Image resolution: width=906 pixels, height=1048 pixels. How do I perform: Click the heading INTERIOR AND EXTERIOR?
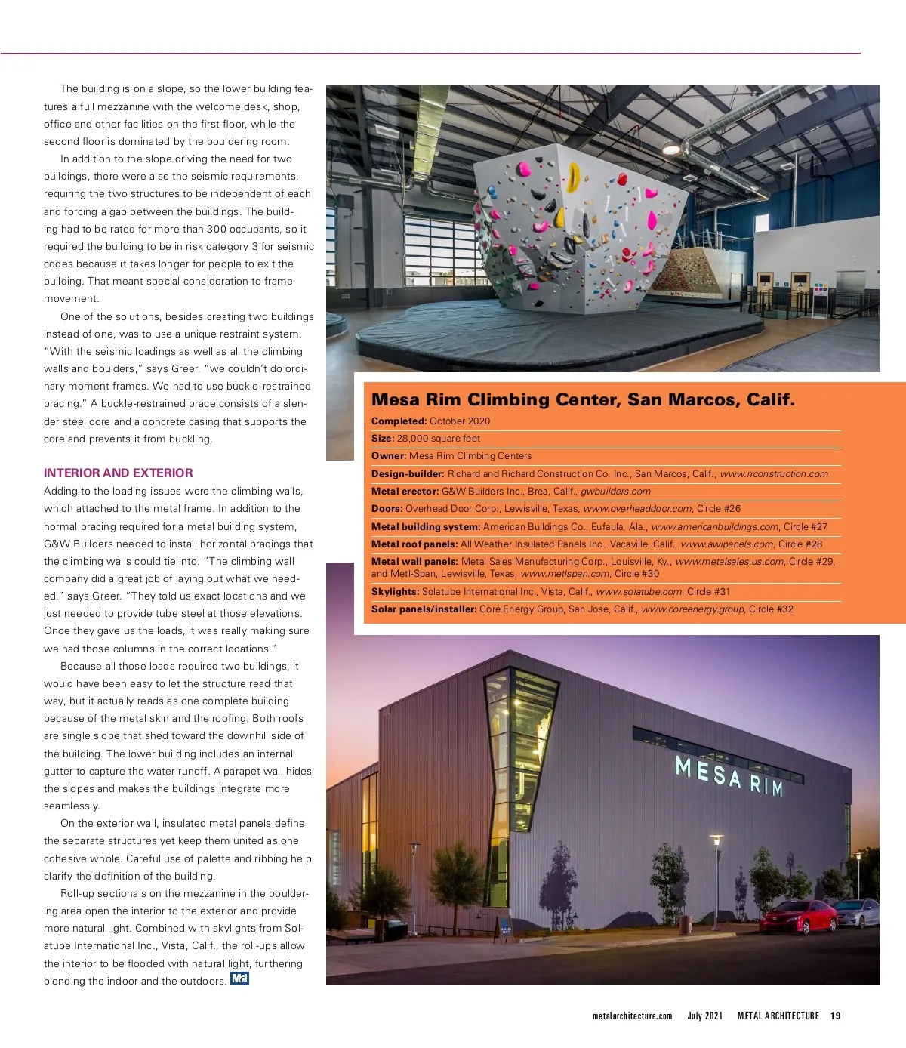pyautogui.click(x=119, y=473)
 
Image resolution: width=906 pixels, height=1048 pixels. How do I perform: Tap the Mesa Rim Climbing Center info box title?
pyautogui.click(x=583, y=399)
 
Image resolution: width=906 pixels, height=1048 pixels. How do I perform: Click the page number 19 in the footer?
pyautogui.click(x=835, y=1016)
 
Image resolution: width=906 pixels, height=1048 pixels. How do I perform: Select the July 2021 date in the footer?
pyautogui.click(x=704, y=1016)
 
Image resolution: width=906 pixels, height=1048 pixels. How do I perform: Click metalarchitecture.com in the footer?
pyautogui.click(x=632, y=1016)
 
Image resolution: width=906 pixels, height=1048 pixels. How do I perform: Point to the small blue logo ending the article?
pyautogui.click(x=239, y=979)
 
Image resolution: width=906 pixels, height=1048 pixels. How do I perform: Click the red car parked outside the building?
pyautogui.click(x=799, y=917)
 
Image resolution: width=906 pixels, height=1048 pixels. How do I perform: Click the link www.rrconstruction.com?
pyautogui.click(x=774, y=474)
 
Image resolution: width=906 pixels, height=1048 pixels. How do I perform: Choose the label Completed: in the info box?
pyautogui.click(x=399, y=421)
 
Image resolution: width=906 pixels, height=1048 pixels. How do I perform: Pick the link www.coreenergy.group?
pyautogui.click(x=692, y=609)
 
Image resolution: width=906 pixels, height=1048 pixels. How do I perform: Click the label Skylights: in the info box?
pyautogui.click(x=395, y=592)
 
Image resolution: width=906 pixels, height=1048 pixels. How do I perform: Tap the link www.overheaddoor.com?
pyautogui.click(x=637, y=509)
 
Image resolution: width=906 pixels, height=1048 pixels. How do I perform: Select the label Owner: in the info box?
pyautogui.click(x=389, y=456)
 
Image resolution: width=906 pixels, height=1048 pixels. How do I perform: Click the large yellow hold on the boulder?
pyautogui.click(x=575, y=177)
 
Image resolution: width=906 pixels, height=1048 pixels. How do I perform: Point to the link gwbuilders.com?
pyautogui.click(x=615, y=492)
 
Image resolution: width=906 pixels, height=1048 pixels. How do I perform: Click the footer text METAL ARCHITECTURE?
pyautogui.click(x=778, y=1016)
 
